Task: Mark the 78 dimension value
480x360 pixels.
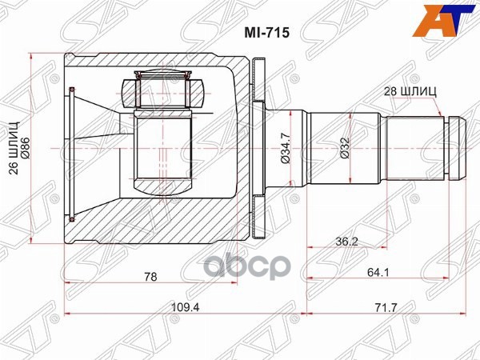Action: (150, 276)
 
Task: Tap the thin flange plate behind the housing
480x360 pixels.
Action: (258, 147)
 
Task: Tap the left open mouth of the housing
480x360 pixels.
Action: (72, 152)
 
